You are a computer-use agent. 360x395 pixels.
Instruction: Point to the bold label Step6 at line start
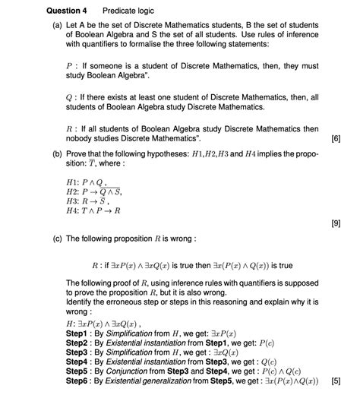click(x=78, y=381)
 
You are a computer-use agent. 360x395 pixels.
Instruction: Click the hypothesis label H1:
click(x=73, y=182)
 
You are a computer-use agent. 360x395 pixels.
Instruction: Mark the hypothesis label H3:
click(x=73, y=201)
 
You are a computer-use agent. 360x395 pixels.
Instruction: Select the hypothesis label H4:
click(x=73, y=210)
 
